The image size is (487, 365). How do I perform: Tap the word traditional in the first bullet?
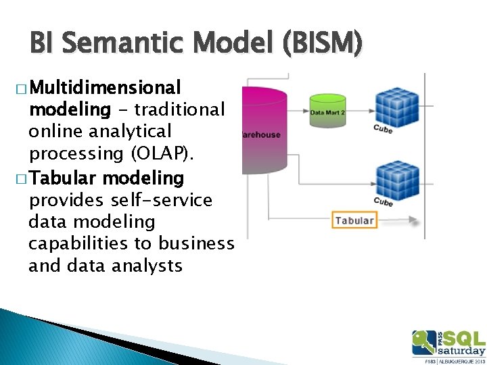tap(181, 109)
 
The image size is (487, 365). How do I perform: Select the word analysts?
tap(146, 266)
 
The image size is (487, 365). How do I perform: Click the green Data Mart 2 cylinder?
tap(328, 109)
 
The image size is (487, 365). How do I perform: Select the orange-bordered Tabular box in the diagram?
tap(354, 220)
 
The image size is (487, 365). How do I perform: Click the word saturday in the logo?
tap(461, 351)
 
